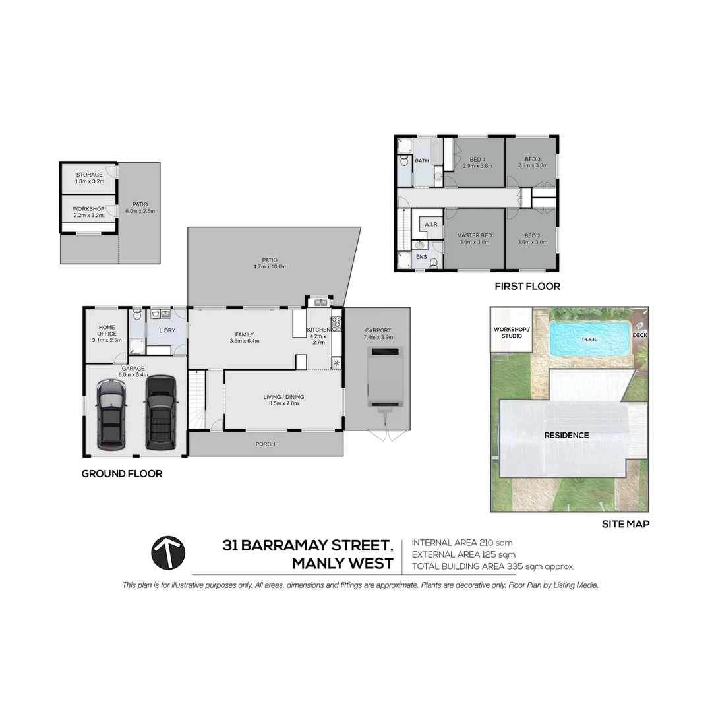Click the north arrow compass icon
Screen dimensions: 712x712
pyautogui.click(x=168, y=552)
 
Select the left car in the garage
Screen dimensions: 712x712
pyautogui.click(x=111, y=414)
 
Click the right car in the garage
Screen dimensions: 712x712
pyautogui.click(x=161, y=413)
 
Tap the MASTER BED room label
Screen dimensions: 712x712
pyautogui.click(x=475, y=235)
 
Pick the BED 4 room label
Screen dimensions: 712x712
pyautogui.click(x=477, y=159)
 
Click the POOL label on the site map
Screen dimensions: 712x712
pyautogui.click(x=589, y=340)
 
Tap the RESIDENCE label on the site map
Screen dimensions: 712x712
pyautogui.click(x=566, y=435)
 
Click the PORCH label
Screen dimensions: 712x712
pyautogui.click(x=265, y=444)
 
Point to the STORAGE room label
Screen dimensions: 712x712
pyautogui.click(x=89, y=175)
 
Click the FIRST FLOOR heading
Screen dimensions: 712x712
pyautogui.click(x=527, y=287)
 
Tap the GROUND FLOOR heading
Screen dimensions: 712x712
pyautogui.click(x=122, y=473)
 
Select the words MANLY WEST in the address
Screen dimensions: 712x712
pyautogui.click(x=342, y=564)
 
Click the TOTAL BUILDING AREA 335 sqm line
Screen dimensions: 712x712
pyautogui.click(x=493, y=566)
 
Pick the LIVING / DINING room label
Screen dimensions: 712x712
pyautogui.click(x=283, y=397)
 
